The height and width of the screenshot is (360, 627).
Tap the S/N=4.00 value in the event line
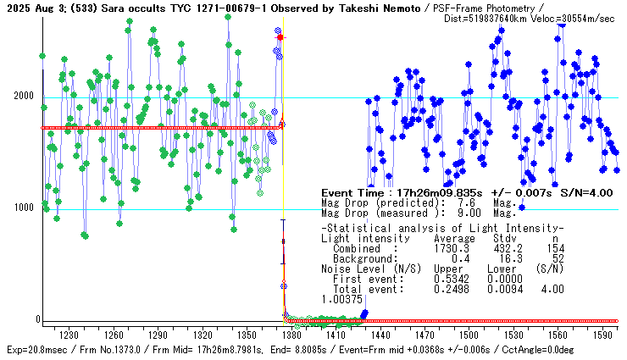(585, 192)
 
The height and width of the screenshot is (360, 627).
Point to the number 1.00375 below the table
(342, 298)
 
